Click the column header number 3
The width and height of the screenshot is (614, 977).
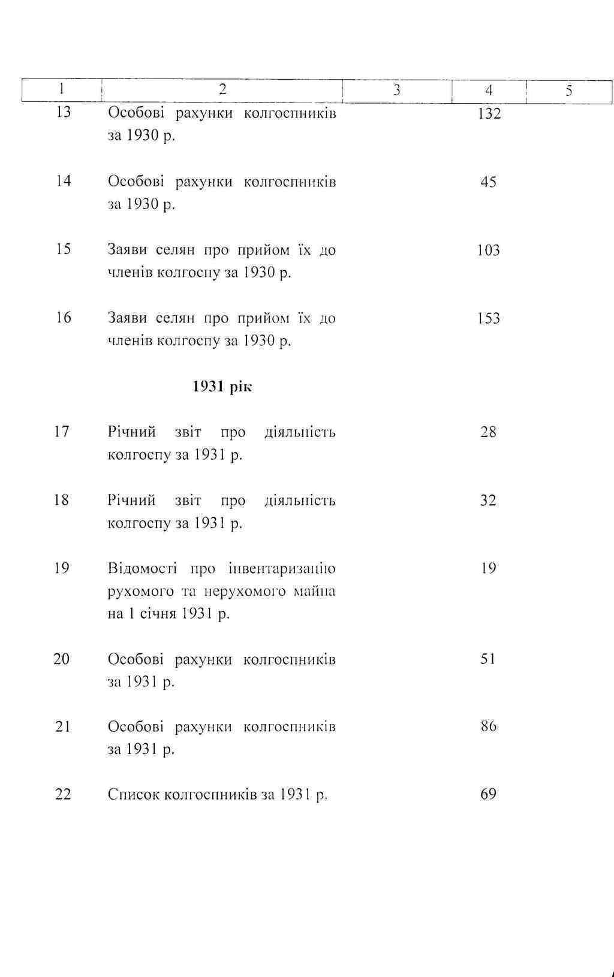point(396,91)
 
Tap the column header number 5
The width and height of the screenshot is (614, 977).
point(568,91)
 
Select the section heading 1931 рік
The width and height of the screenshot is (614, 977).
point(222,387)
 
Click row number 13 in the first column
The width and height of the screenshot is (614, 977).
point(63,112)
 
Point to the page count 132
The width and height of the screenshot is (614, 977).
point(489,114)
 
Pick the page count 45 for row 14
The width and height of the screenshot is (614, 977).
point(488,182)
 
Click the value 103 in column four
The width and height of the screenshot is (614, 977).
point(488,250)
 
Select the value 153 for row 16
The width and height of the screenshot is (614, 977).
point(488,318)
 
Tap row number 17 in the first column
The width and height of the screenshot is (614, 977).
point(62,432)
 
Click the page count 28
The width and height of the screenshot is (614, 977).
point(488,432)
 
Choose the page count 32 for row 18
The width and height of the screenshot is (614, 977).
point(488,500)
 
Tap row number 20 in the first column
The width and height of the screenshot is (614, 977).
point(62,659)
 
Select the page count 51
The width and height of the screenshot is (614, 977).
point(488,659)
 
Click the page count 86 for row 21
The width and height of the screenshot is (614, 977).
point(488,726)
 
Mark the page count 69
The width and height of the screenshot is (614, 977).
point(488,794)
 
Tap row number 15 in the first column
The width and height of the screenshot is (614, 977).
point(63,249)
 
